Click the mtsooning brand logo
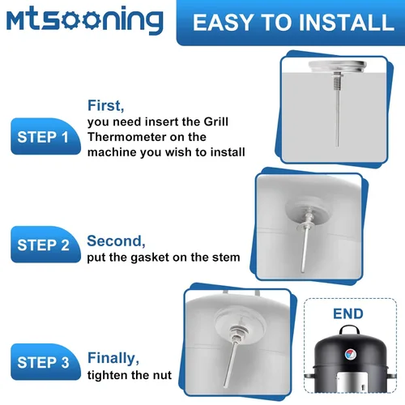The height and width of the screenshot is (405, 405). pyautogui.click(x=85, y=20)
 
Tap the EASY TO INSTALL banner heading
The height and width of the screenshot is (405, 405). pyautogui.click(x=293, y=22)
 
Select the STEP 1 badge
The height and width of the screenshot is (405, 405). pyautogui.click(x=45, y=136)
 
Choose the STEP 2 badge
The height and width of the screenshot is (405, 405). pyautogui.click(x=45, y=245)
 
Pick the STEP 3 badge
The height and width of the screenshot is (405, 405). pyautogui.click(x=45, y=362)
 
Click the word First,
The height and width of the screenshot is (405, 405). pyautogui.click(x=106, y=105)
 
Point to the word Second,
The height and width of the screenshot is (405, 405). pyautogui.click(x=116, y=241)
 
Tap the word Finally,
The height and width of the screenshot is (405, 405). pyautogui.click(x=113, y=358)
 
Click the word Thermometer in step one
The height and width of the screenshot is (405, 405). pyautogui.click(x=126, y=137)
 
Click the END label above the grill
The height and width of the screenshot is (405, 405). pyautogui.click(x=348, y=313)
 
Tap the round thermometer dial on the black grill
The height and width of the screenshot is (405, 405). pyautogui.click(x=351, y=354)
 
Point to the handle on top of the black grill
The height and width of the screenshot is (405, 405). pyautogui.click(x=349, y=330)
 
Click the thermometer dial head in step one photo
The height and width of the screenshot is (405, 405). pyautogui.click(x=338, y=66)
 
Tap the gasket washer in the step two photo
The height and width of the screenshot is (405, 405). pyautogui.click(x=306, y=227)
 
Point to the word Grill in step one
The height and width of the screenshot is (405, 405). pyautogui.click(x=215, y=122)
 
